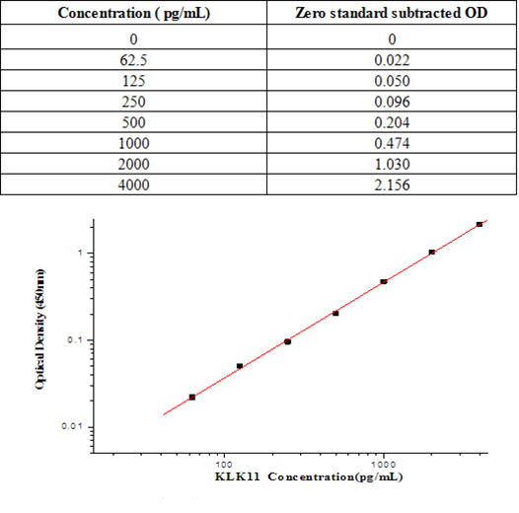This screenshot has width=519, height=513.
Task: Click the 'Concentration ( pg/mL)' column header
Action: coord(132,14)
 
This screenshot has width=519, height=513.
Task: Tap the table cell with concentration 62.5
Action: coord(132,60)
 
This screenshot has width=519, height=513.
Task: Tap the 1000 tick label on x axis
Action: coord(383,462)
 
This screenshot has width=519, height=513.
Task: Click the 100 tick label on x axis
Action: coord(225,462)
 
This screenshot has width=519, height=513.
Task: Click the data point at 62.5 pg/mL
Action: coord(191,397)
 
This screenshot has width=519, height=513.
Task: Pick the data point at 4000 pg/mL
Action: coord(480,224)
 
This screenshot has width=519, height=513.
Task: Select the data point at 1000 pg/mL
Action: coord(384,281)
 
